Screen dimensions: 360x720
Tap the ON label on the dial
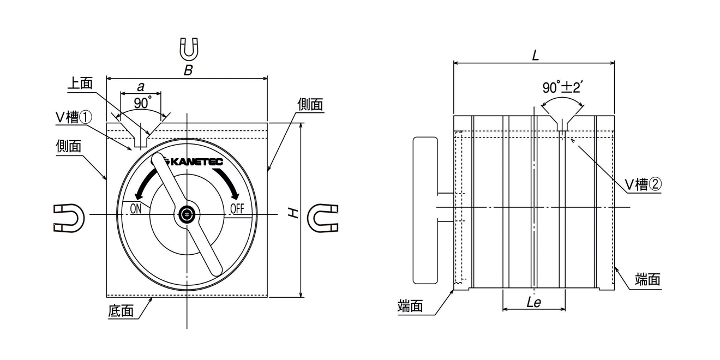136,208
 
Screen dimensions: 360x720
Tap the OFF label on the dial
238,208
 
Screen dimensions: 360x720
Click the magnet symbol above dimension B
189,49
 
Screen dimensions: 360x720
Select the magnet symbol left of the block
69,217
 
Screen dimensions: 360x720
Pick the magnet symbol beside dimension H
323,217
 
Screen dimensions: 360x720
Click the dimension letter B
188,70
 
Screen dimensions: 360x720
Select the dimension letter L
535,55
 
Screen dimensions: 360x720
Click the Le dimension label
533,303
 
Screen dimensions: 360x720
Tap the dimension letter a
140,87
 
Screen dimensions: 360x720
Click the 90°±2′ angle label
563,87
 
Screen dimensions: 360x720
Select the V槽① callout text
74,117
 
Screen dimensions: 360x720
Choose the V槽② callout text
643,185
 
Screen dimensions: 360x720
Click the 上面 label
80,83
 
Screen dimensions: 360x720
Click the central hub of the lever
187,214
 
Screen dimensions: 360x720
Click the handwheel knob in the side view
425,210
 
